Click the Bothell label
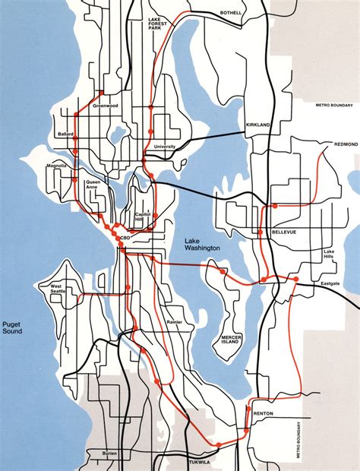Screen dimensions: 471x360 (230, 13)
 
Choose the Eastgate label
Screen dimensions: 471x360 (330, 283)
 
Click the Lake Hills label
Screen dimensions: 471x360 (329, 254)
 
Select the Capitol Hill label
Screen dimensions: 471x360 (144, 217)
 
